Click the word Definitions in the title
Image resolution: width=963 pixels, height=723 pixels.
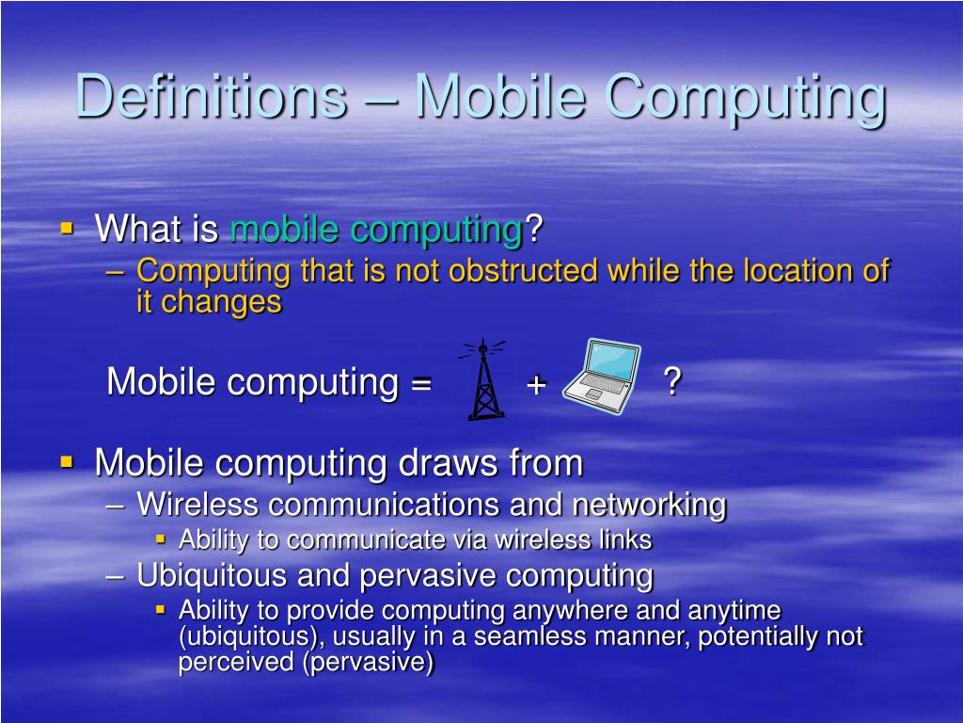[x=210, y=96]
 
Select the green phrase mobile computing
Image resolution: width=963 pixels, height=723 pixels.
[x=376, y=229]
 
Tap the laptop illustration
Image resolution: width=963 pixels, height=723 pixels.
[x=603, y=377]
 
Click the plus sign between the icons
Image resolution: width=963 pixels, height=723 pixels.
[x=536, y=383]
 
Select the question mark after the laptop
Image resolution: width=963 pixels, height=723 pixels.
[x=671, y=382]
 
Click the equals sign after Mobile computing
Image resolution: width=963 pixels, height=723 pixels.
[x=420, y=383]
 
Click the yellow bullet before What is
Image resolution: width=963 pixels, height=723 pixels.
[x=67, y=228]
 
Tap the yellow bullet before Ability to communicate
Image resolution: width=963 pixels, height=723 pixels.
[x=161, y=539]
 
